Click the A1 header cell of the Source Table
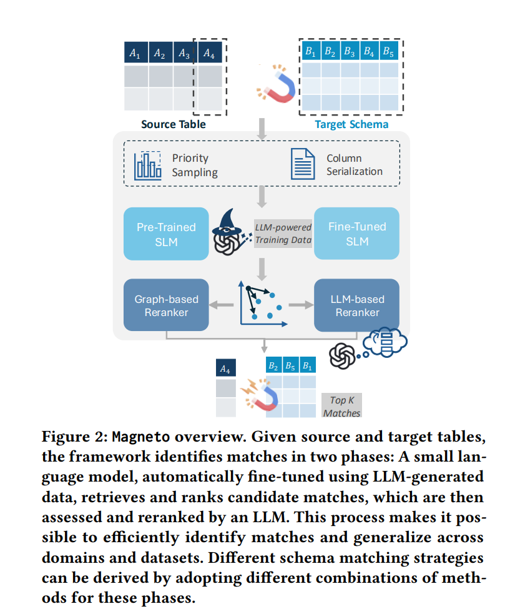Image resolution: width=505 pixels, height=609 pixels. (136, 52)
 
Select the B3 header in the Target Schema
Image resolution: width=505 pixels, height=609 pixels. (350, 51)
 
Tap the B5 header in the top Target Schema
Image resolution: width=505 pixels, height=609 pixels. (389, 51)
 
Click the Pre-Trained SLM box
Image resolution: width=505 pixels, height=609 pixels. (166, 234)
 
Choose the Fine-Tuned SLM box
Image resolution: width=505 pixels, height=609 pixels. (356, 234)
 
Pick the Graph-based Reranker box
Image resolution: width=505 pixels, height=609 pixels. (166, 305)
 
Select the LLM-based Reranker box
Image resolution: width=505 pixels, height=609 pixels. (356, 305)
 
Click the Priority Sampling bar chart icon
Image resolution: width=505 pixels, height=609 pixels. (147, 166)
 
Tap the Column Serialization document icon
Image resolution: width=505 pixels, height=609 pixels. (303, 164)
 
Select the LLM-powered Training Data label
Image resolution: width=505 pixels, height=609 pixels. (283, 234)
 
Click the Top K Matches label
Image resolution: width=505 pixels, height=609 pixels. (341, 406)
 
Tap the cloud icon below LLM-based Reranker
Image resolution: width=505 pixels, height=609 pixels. (385, 342)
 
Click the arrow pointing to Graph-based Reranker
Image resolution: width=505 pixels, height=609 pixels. (222, 305)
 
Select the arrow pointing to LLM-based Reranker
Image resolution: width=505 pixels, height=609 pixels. (302, 305)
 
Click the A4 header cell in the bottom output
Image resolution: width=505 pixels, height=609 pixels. (225, 368)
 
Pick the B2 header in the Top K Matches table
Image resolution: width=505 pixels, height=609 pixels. (273, 365)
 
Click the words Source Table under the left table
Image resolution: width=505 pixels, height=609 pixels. (174, 124)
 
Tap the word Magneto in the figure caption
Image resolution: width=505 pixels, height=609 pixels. (141, 437)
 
